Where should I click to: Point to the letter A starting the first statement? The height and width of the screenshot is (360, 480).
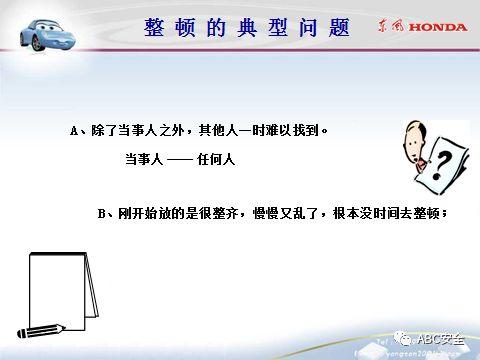coord(75,131)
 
